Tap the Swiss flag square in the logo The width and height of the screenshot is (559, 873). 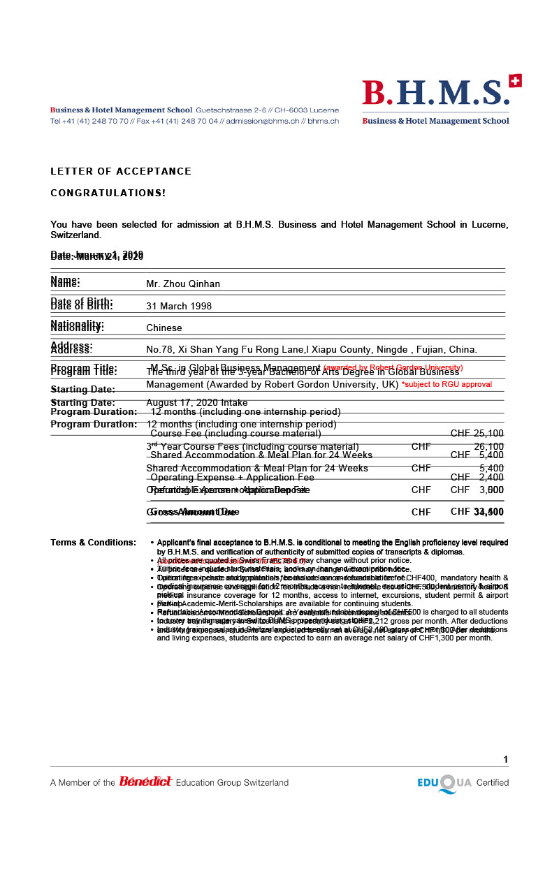click(x=516, y=81)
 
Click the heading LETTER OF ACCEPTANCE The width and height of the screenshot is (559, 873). click(x=121, y=171)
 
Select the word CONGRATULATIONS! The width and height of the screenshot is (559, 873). click(x=108, y=193)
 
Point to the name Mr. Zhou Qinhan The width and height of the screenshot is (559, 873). click(x=183, y=284)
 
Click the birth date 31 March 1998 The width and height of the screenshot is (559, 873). click(x=179, y=306)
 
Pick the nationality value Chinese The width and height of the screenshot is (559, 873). click(x=164, y=328)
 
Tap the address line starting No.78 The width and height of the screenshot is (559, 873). click(x=311, y=349)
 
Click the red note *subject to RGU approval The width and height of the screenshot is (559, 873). click(x=447, y=385)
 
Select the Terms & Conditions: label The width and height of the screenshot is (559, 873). click(x=93, y=543)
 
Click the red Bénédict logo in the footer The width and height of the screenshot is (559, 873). click(x=145, y=782)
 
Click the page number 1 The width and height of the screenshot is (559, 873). click(x=505, y=760)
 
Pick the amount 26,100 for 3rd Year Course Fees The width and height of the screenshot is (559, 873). click(x=488, y=447)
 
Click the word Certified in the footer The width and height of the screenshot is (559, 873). click(x=493, y=783)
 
